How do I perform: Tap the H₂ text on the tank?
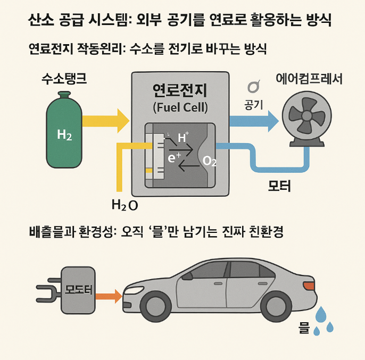[64, 135]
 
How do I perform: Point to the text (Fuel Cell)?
[180, 107]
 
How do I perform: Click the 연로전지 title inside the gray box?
[180, 90]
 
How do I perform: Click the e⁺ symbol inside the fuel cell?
[175, 158]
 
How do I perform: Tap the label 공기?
[254, 104]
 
